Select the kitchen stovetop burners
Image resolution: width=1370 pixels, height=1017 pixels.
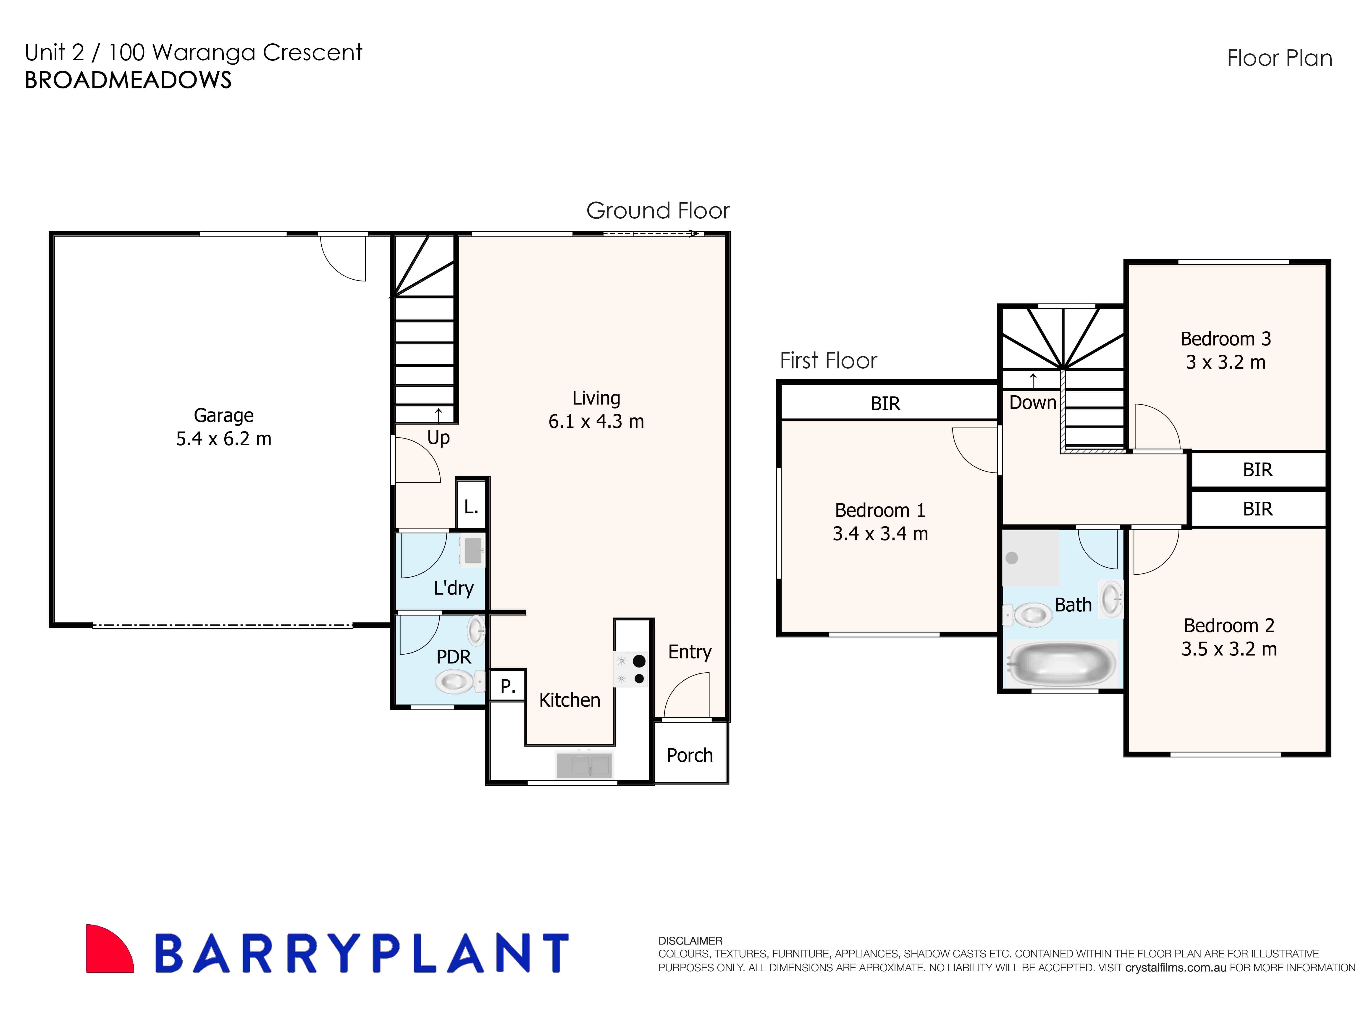630,669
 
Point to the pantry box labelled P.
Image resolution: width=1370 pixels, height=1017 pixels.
507,685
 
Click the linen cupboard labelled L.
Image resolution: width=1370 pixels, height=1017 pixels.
471,507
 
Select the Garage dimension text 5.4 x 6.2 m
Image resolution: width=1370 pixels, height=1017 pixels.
223,439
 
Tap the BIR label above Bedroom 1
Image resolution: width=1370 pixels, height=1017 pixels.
885,404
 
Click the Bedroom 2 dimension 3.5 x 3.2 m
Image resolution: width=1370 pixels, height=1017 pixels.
1228,649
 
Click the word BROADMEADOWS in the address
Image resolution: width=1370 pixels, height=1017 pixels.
128,80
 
